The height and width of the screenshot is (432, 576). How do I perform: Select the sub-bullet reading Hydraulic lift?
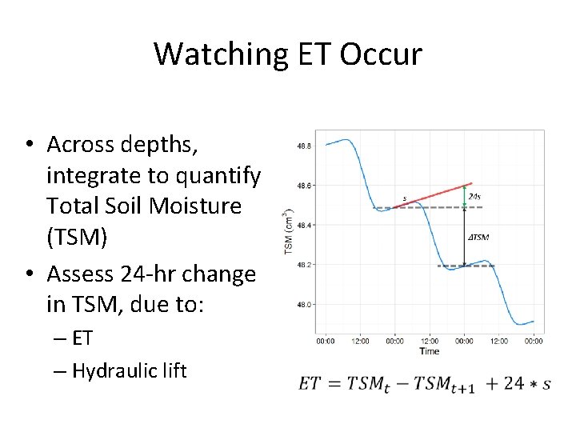click(129, 370)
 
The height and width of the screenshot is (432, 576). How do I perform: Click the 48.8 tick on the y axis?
click(304, 146)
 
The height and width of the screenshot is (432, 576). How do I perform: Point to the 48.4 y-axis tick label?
click(304, 226)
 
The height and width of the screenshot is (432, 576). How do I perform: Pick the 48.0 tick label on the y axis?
click(304, 305)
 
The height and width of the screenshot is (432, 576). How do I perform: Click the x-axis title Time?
click(429, 351)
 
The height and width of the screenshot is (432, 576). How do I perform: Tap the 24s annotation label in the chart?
click(474, 197)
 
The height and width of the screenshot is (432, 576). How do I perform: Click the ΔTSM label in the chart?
click(478, 237)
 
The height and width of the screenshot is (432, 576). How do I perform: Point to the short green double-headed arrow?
click(465, 197)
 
